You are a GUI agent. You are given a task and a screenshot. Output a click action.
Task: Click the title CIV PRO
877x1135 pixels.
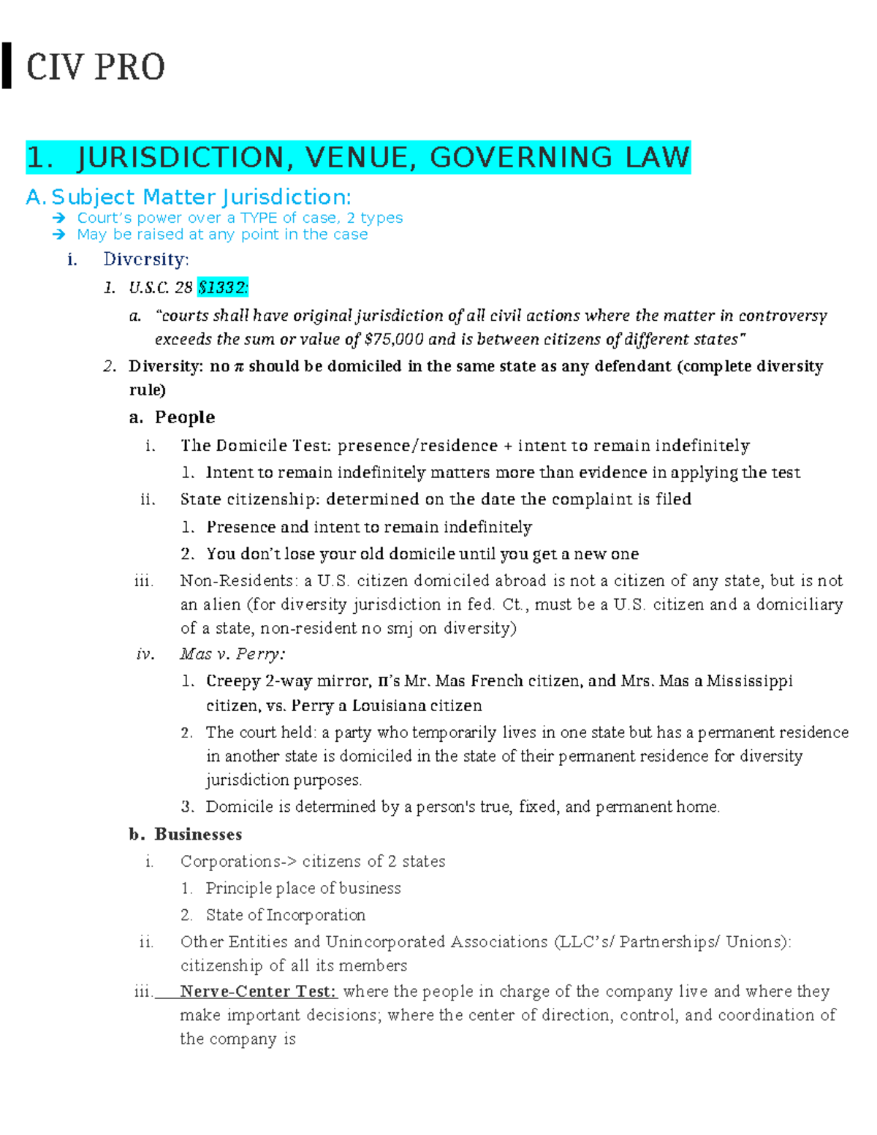pyautogui.click(x=96, y=67)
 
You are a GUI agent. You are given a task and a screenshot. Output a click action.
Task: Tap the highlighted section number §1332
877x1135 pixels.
pyautogui.click(x=223, y=287)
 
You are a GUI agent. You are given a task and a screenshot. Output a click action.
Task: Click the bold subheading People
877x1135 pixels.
pyautogui.click(x=184, y=417)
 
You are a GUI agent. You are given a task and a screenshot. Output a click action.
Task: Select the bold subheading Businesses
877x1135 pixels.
pyautogui.click(x=198, y=834)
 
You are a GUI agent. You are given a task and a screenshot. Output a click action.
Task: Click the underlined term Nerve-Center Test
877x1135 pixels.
pyautogui.click(x=258, y=991)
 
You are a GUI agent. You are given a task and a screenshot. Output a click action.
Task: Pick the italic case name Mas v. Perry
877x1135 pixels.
pyautogui.click(x=232, y=654)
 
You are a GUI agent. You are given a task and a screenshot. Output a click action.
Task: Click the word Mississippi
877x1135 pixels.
pyautogui.click(x=749, y=681)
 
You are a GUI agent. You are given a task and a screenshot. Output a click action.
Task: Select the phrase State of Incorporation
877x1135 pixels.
pyautogui.click(x=285, y=915)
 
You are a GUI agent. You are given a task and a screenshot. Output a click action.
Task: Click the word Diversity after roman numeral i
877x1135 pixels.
pyautogui.click(x=145, y=259)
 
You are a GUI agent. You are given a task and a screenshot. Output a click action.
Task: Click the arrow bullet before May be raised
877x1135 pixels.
pyautogui.click(x=59, y=235)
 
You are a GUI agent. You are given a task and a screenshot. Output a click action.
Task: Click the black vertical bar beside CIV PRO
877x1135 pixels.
pyautogui.click(x=7, y=66)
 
